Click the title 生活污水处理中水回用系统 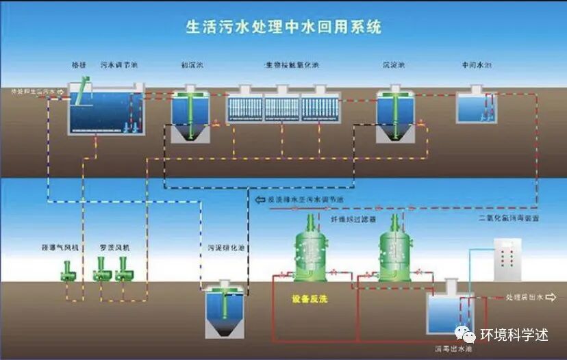(x=283, y=28)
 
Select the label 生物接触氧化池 (x=293, y=66)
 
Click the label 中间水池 (x=477, y=66)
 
